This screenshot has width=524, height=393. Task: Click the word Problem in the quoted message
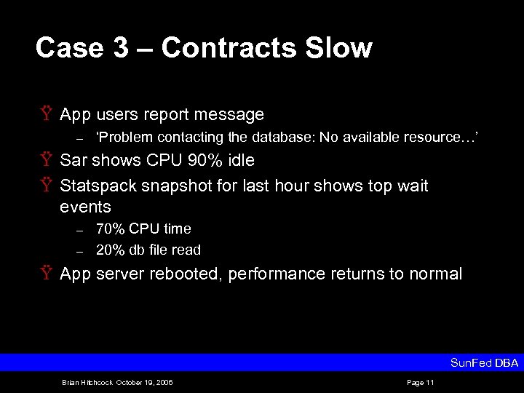pyautogui.click(x=127, y=138)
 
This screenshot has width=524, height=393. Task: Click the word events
pyautogui.click(x=85, y=207)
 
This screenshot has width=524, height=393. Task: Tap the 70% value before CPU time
pyautogui.click(x=112, y=229)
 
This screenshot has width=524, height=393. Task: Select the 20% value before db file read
pyautogui.click(x=112, y=250)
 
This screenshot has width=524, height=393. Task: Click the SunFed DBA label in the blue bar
pyautogui.click(x=484, y=362)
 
